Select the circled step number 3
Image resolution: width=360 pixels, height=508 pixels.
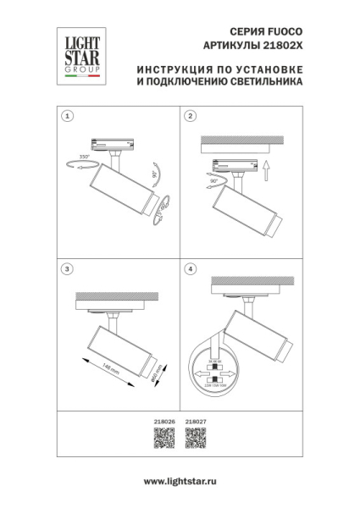click(68, 268)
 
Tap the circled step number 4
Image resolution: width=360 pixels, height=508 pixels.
click(191, 268)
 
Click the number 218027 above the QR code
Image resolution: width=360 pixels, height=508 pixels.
click(196, 421)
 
